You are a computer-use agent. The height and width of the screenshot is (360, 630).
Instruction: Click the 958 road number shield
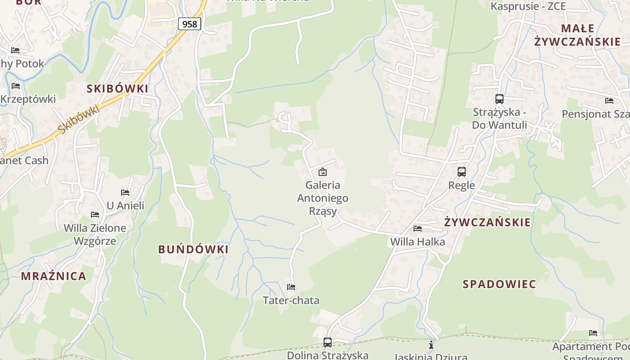coord(189,24)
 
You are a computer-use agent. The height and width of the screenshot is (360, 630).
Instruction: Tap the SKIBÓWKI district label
coord(117,89)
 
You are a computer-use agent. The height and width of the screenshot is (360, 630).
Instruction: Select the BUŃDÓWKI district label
coord(193,249)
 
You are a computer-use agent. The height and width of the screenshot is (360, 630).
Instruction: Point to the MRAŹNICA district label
coord(54,276)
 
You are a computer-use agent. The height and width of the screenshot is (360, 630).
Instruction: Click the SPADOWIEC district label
coord(499,284)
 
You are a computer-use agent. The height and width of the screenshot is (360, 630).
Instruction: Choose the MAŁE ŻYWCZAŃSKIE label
coord(577,35)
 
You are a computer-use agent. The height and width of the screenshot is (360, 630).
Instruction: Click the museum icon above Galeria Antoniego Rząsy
coord(323,171)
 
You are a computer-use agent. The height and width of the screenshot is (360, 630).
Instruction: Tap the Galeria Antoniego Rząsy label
coord(323,198)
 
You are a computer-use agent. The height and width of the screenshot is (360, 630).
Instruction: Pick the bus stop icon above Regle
coord(462,171)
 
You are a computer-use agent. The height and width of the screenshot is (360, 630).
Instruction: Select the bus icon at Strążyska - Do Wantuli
coord(499,99)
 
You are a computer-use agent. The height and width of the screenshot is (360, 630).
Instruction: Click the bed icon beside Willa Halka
coord(418,228)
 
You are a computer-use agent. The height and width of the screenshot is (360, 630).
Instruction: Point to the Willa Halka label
coord(418,242)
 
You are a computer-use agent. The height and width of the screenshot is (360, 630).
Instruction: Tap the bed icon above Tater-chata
coord(291,287)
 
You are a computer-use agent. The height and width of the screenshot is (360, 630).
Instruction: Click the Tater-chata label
coord(291,300)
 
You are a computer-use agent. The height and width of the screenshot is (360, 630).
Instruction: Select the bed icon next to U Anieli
coord(125,193)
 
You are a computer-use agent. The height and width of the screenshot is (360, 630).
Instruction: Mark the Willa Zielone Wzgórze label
coord(95,234)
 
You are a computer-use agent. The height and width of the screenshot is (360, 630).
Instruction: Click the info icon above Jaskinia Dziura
coord(431,345)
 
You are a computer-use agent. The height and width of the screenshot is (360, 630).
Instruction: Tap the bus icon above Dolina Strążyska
coord(328,342)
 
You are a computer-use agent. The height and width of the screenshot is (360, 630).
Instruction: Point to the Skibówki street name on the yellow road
coord(78,119)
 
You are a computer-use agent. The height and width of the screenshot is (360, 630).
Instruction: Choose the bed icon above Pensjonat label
coord(609,101)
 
